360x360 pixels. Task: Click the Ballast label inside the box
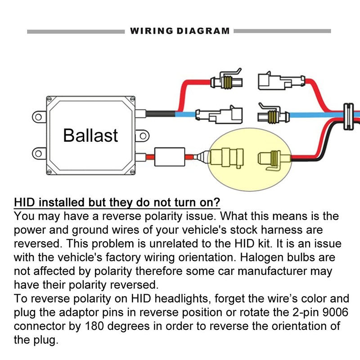pyautogui.click(x=90, y=135)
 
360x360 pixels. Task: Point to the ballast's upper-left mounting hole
pyautogui.click(x=39, y=118)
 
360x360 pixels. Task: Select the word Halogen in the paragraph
pyautogui.click(x=260, y=258)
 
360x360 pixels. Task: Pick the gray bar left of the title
pyautogui.click(x=76, y=31)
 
